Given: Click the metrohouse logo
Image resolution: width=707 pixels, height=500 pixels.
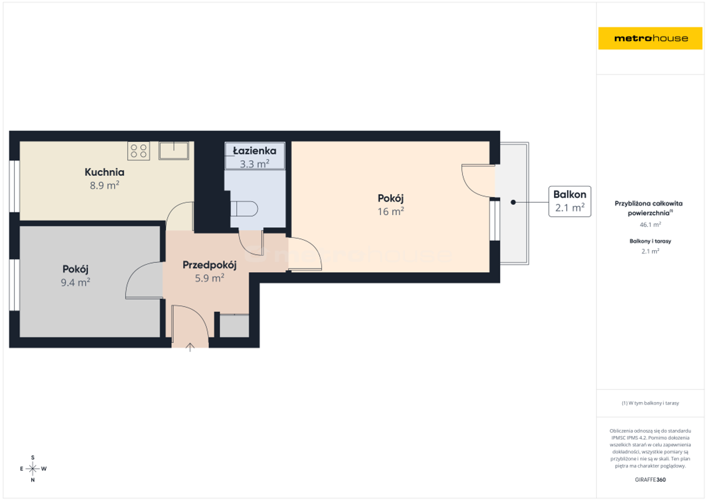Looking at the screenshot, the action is pyautogui.click(x=650, y=38).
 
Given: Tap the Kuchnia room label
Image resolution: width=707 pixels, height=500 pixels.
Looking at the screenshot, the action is pyautogui.click(x=104, y=172).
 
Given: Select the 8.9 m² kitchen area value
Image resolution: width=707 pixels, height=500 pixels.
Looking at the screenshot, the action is pyautogui.click(x=104, y=185).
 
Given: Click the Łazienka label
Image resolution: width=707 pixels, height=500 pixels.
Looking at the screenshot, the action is pyautogui.click(x=255, y=151).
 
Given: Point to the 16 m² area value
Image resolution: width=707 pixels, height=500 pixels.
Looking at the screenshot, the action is pyautogui.click(x=391, y=211).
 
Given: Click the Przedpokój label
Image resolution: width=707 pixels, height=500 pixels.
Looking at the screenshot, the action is pyautogui.click(x=209, y=265).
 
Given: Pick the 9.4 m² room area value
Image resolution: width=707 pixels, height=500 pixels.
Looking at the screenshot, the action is pyautogui.click(x=76, y=282).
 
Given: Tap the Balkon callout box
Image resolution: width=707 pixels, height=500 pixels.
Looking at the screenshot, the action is pyautogui.click(x=569, y=202).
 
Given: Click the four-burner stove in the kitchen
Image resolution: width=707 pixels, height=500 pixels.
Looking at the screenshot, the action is pyautogui.click(x=139, y=151).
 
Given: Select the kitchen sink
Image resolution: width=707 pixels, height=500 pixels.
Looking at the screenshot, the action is pyautogui.click(x=173, y=151).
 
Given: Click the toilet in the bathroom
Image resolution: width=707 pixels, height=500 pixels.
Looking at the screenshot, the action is pyautogui.click(x=244, y=209).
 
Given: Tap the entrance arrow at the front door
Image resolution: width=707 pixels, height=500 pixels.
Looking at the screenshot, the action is pyautogui.click(x=189, y=347).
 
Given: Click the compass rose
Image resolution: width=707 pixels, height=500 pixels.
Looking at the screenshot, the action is pyautogui.click(x=33, y=469).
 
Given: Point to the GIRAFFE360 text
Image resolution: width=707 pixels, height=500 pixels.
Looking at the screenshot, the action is pyautogui.click(x=650, y=480).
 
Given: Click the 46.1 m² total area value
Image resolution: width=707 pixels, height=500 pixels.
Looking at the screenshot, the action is pyautogui.click(x=650, y=225).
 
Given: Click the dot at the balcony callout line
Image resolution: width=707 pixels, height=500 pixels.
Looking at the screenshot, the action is pyautogui.click(x=513, y=202).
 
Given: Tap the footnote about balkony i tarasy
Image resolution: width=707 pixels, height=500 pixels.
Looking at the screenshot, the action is pyautogui.click(x=650, y=403).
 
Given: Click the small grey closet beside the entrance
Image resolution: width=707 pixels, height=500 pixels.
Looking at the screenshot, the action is pyautogui.click(x=234, y=326).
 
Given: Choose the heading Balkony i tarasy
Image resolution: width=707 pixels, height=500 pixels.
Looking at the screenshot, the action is pyautogui.click(x=650, y=241).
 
